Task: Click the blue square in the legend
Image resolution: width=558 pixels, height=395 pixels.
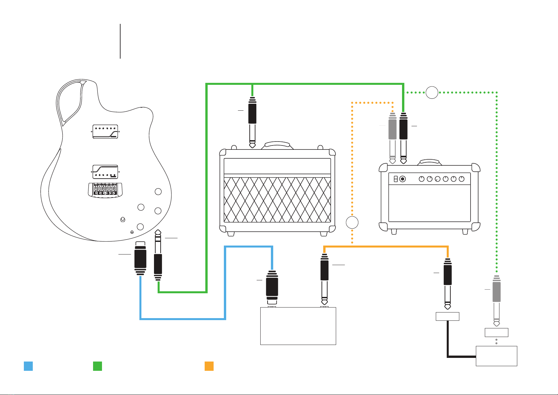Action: click(28, 366)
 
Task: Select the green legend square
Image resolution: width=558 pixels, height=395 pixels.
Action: click(97, 366)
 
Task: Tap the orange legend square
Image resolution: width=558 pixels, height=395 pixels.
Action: click(209, 366)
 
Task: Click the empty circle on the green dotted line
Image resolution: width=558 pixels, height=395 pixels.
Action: click(432, 92)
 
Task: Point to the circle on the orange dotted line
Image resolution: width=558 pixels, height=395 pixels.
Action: click(352, 222)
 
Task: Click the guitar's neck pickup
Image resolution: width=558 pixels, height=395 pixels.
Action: click(105, 132)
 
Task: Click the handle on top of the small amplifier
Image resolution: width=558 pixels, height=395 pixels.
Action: click(430, 162)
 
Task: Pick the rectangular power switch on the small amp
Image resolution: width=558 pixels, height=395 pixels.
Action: click(395, 179)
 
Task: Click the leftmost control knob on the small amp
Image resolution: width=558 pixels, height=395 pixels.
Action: click(422, 179)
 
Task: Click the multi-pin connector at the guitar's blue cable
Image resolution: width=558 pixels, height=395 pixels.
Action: click(140, 258)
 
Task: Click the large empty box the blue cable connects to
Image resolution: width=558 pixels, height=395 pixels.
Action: click(298, 326)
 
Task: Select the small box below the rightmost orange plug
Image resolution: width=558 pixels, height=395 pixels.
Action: click(447, 316)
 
